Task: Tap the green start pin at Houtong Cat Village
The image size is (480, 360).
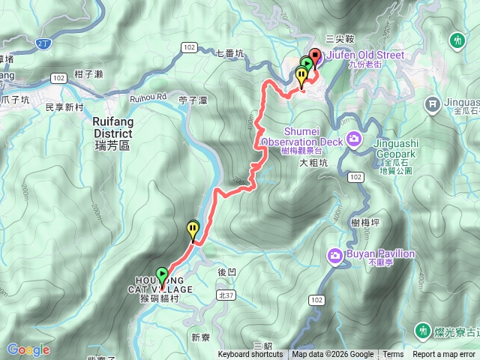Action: [162, 274]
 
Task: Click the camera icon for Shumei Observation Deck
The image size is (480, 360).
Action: [354, 140]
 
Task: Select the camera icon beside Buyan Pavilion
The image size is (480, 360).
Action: [334, 256]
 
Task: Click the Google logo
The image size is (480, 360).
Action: [28, 349]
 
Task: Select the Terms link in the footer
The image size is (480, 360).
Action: [393, 355]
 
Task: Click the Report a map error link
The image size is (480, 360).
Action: [444, 355]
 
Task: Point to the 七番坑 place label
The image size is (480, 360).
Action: [229, 53]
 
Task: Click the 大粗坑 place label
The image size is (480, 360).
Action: [314, 161]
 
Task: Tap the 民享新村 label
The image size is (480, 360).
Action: [64, 107]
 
